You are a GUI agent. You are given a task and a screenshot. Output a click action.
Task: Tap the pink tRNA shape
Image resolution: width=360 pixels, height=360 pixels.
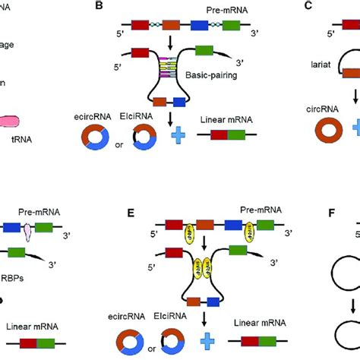[x=33, y=122]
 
